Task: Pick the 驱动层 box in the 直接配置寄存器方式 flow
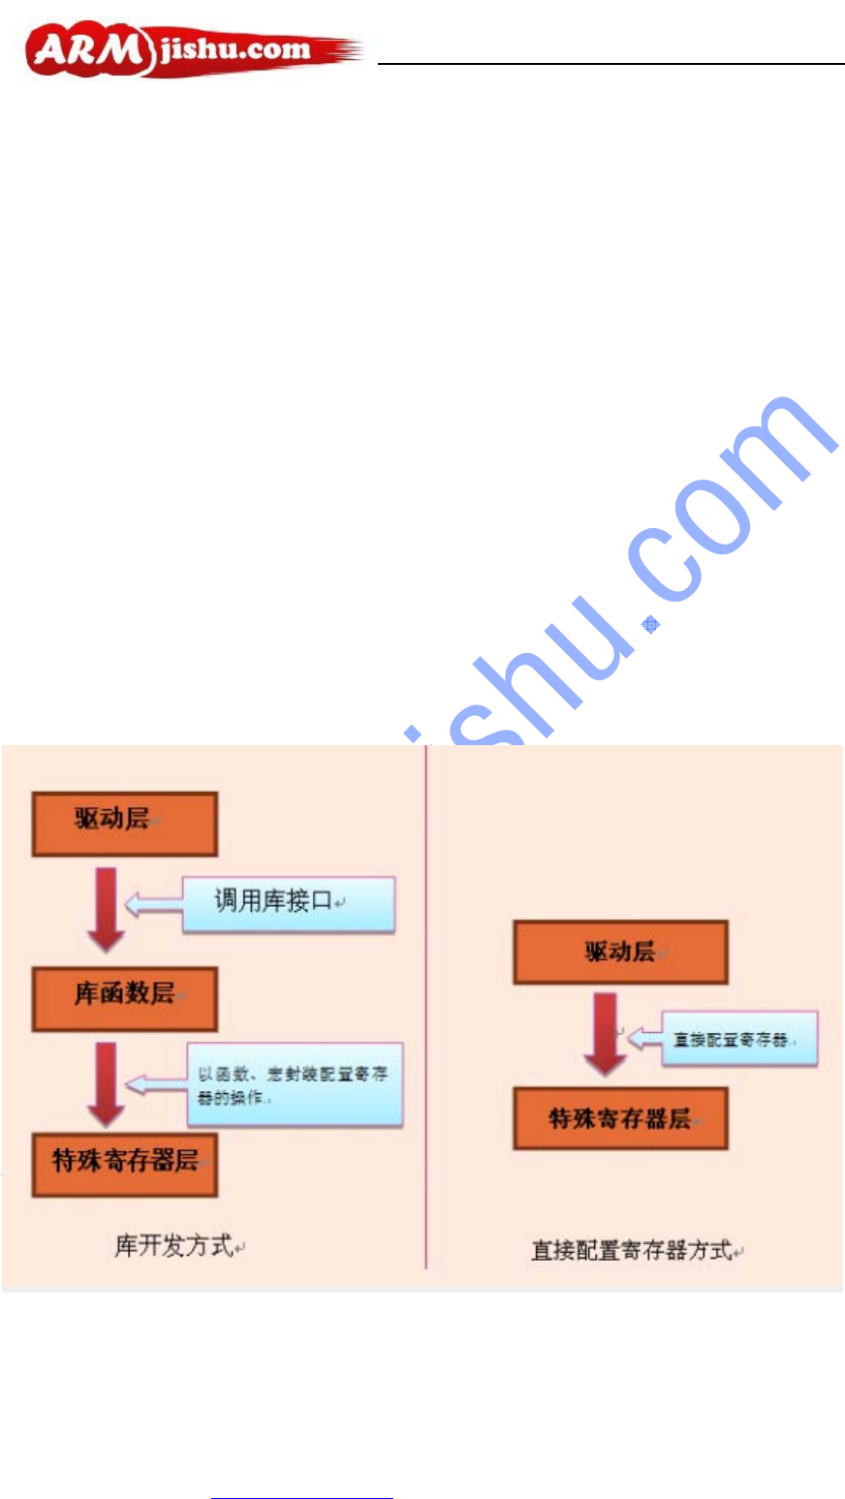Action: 620,952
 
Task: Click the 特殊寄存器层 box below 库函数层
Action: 124,1164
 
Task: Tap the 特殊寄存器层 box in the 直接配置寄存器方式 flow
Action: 620,1119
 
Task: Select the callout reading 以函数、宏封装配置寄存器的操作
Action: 294,1085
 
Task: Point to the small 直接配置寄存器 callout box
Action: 738,1040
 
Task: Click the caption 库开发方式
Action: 174,1246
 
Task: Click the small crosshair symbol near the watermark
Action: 651,625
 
